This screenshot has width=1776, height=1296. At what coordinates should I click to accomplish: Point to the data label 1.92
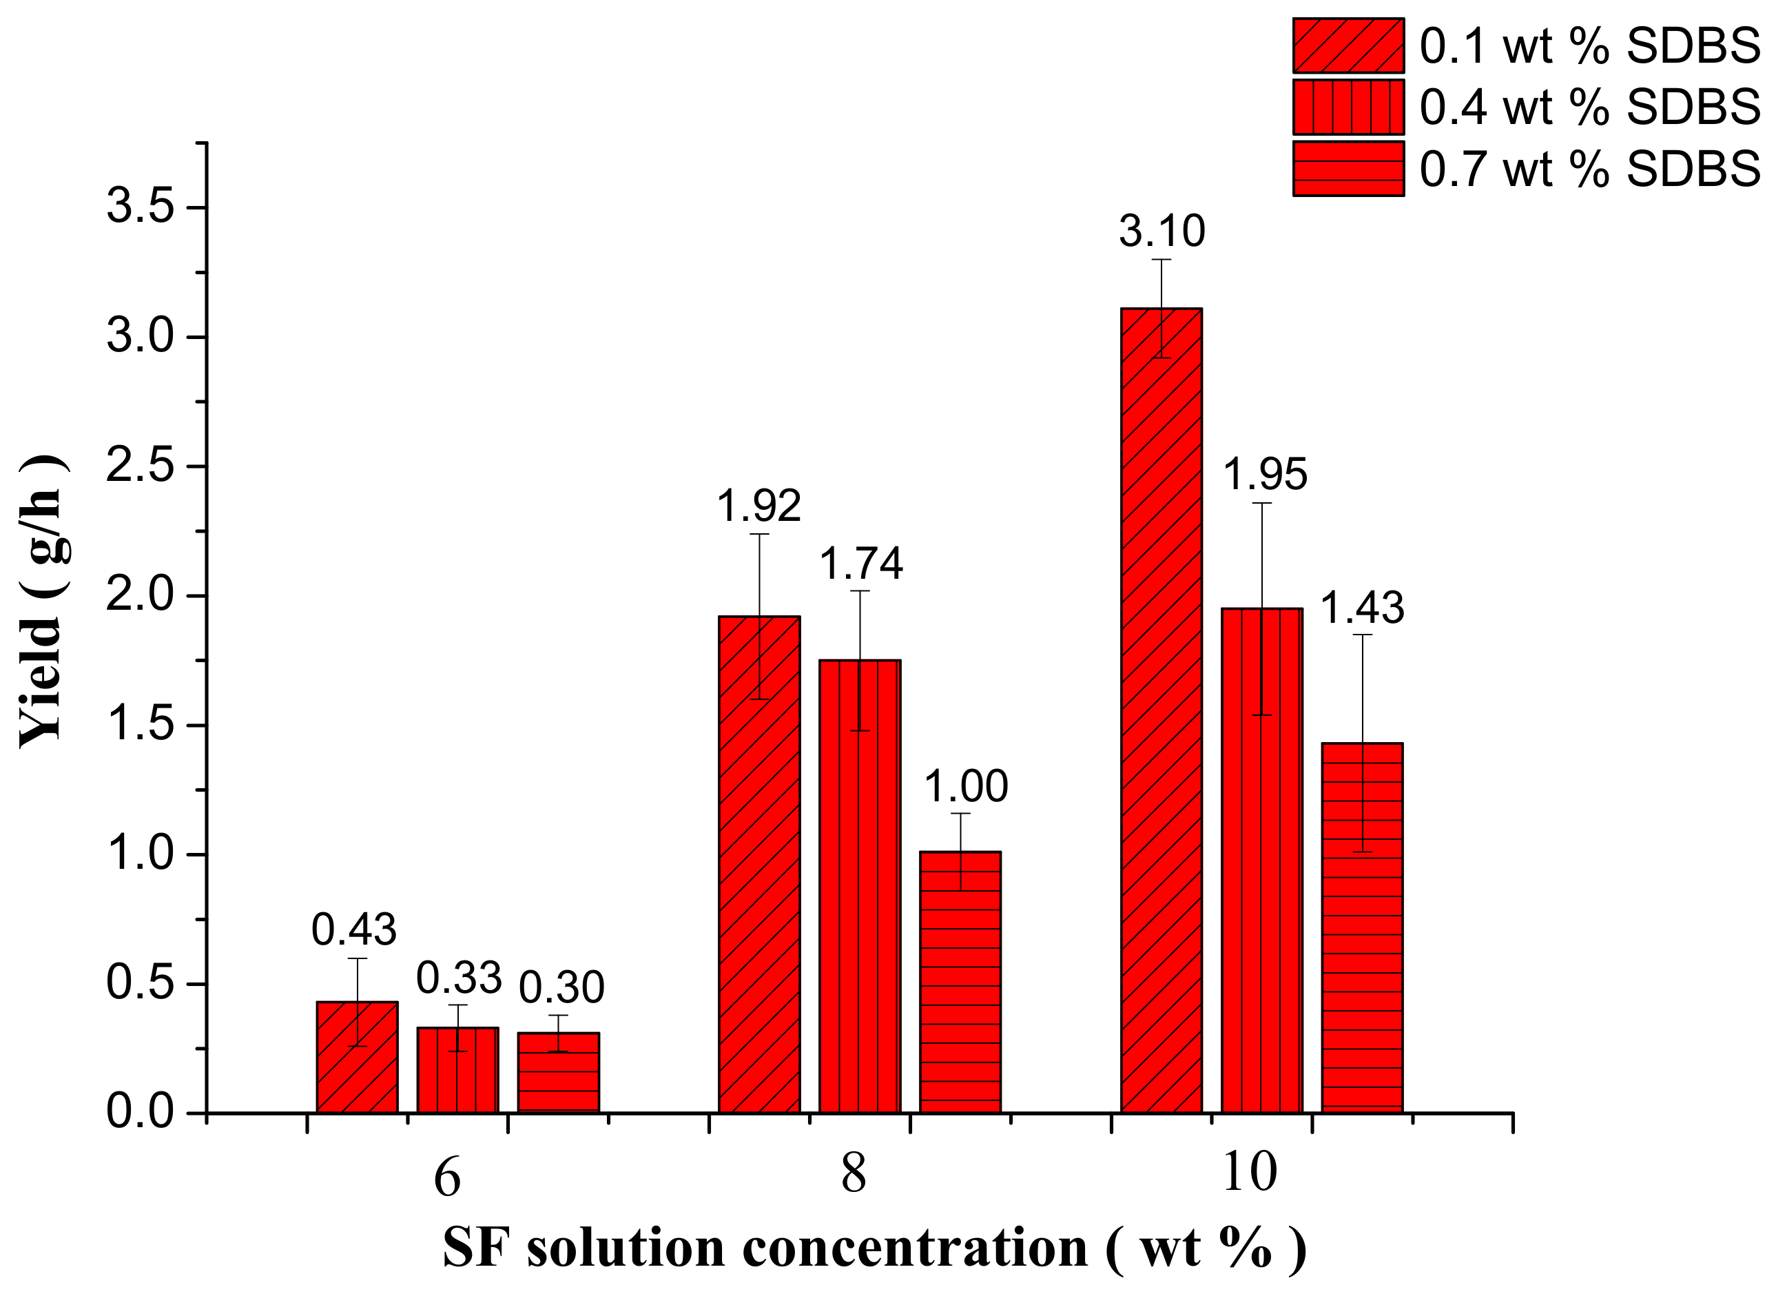(758, 506)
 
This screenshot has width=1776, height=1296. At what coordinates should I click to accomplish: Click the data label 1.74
(860, 564)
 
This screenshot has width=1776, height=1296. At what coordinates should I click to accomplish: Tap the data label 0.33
(458, 978)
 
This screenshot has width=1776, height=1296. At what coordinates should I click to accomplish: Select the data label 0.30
(561, 988)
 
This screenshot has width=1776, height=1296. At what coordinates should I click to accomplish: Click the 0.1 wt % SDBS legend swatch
(1348, 45)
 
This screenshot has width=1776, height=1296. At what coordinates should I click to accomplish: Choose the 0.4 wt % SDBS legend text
(1589, 107)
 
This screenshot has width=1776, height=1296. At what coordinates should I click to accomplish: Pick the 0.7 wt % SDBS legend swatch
(1348, 168)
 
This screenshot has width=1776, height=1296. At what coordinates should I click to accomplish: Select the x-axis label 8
(854, 1175)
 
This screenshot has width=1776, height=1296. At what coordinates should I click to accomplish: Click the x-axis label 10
(1250, 1173)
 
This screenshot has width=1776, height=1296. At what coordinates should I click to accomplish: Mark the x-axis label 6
(447, 1178)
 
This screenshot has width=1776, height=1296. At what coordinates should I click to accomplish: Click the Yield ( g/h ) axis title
(41, 600)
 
